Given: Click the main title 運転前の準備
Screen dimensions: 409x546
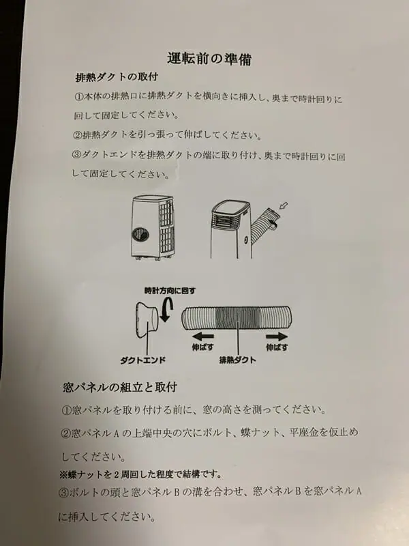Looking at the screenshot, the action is (209, 59).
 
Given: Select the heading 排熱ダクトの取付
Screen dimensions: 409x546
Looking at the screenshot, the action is (117, 77).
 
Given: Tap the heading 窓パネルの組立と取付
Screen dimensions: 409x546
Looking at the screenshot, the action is (120, 387).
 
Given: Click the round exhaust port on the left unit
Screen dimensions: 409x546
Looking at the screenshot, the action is (140, 234).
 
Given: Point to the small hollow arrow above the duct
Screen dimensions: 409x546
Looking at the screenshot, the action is (284, 206).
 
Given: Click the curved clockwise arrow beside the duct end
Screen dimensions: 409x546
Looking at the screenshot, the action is (167, 310).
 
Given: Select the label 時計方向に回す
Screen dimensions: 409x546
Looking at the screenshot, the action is (170, 291).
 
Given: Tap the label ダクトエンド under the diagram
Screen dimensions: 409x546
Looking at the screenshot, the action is (143, 360).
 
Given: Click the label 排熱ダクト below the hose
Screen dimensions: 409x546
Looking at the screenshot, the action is (237, 360).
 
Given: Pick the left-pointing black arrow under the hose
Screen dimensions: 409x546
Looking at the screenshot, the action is (203, 336).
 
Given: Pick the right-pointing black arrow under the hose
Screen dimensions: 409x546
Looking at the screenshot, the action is (277, 336).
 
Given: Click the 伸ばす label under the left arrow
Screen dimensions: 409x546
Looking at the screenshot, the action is (202, 347).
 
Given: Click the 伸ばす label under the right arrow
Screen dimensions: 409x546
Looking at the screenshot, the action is (277, 347).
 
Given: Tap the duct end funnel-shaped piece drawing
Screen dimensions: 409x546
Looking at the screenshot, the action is (147, 319).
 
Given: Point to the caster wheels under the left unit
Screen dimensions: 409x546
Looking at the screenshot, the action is (153, 258).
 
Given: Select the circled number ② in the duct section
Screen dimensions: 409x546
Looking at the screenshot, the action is (78, 135).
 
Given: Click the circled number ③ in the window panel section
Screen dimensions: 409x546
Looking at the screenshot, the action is (63, 492).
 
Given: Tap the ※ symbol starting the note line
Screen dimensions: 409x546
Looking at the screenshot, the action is (63, 474).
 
